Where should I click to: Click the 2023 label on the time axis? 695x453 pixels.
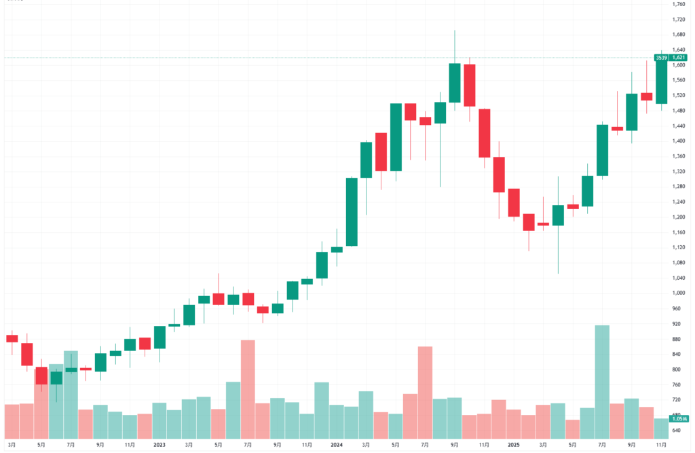pyautogui.click(x=159, y=445)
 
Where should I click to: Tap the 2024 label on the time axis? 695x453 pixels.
pyautogui.click(x=337, y=445)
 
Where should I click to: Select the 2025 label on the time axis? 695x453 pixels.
pyautogui.click(x=513, y=445)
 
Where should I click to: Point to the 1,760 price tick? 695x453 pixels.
pyautogui.click(x=677, y=4)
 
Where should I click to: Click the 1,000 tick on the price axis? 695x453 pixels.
pyautogui.click(x=677, y=293)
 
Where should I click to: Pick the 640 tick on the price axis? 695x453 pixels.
pyautogui.click(x=676, y=431)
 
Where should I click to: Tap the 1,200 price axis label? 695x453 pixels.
pyautogui.click(x=677, y=217)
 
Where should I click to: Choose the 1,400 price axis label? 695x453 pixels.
pyautogui.click(x=677, y=141)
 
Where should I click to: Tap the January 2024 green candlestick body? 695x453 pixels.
pyautogui.click(x=337, y=249)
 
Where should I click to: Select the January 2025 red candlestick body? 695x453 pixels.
pyautogui.click(x=514, y=202)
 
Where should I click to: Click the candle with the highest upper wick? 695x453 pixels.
pyautogui.click(x=455, y=82)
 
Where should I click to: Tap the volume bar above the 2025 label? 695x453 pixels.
pyautogui.click(x=514, y=424)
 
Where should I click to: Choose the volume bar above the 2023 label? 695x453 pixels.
pyautogui.click(x=159, y=420)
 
